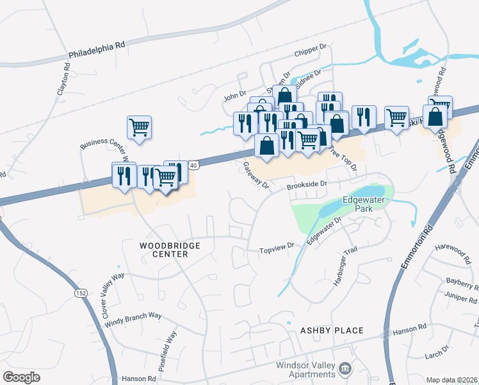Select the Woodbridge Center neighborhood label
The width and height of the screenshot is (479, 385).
[x=170, y=250]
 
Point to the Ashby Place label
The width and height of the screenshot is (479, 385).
[x=332, y=330]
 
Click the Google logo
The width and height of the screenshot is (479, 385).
[x=22, y=377]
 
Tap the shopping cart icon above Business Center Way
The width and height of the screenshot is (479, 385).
[x=139, y=126]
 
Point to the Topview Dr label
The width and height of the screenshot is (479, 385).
[x=276, y=246]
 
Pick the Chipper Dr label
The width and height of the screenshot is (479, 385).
[x=311, y=51]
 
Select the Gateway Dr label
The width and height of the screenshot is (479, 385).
[x=256, y=175]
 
